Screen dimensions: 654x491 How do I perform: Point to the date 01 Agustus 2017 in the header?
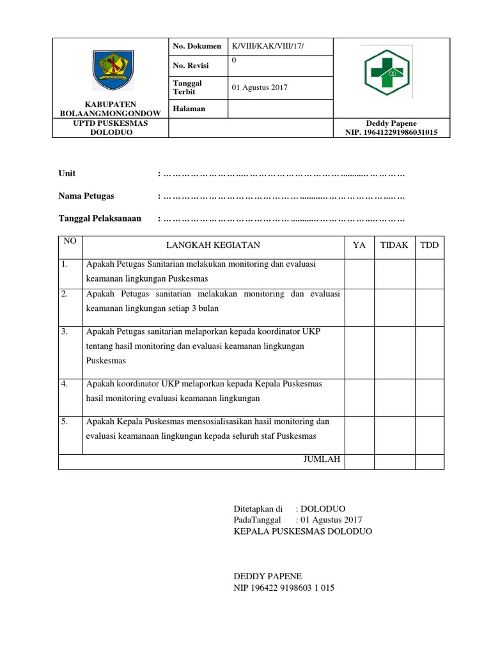(259, 87)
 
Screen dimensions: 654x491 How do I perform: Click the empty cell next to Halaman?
(279, 109)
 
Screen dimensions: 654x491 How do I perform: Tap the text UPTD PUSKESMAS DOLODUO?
(110, 128)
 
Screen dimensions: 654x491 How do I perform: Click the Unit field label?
(67, 173)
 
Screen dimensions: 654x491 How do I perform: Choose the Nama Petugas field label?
(86, 196)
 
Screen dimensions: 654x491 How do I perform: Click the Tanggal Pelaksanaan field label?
(99, 219)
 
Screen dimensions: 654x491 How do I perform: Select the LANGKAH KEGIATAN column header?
(213, 245)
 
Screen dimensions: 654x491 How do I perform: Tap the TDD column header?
(429, 245)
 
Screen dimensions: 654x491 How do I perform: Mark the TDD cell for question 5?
(429, 434)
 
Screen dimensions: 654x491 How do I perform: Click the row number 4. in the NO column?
(65, 384)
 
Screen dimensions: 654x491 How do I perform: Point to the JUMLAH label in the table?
(322, 459)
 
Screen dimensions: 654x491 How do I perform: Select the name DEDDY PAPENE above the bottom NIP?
(268, 575)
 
